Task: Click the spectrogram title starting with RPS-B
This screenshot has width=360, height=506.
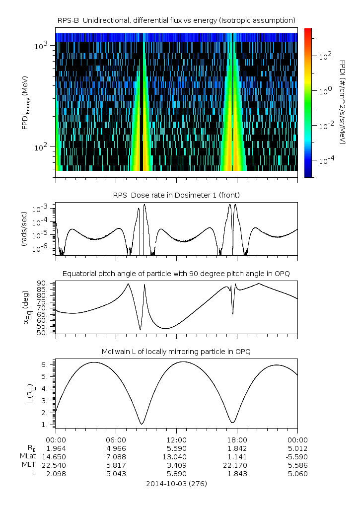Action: (176, 20)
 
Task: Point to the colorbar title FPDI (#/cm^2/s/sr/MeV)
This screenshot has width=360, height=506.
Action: (342, 102)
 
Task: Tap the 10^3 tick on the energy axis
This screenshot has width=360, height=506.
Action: (41, 46)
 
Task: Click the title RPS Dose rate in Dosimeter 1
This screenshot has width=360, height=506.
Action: (176, 195)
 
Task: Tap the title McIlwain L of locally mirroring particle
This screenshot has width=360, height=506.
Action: (176, 352)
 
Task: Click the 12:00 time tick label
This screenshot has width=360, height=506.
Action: (176, 439)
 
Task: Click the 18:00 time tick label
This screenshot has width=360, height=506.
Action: (237, 439)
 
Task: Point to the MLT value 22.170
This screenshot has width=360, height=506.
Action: (237, 465)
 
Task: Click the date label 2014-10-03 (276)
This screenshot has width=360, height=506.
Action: (176, 483)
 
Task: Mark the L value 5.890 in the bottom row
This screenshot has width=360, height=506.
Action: (176, 474)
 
